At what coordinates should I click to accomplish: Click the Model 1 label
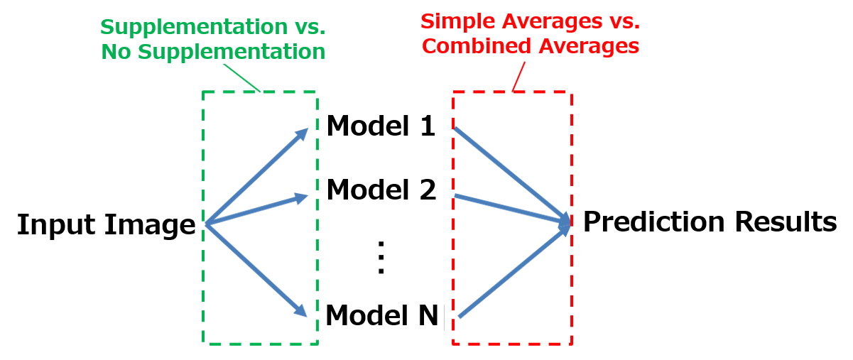point(381,126)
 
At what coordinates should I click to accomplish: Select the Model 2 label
point(381,189)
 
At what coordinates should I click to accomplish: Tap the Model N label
point(382,315)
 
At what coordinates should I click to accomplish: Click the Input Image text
point(107,224)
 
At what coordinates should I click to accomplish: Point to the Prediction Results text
point(710,222)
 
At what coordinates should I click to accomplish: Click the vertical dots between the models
point(381,257)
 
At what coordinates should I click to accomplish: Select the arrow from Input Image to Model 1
point(256,176)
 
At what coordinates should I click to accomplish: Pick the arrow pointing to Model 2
point(256,209)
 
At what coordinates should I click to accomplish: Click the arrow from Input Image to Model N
point(256,269)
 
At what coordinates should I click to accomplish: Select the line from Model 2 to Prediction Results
point(513,209)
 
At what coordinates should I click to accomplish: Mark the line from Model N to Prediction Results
point(514,271)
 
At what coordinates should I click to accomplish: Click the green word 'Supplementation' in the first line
point(194,28)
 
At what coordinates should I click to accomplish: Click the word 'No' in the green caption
point(116,51)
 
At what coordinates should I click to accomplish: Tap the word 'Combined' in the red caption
point(477,46)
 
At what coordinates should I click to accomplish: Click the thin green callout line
point(241,78)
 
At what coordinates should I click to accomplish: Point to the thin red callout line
point(518,77)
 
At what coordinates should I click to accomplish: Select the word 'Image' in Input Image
point(150,225)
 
